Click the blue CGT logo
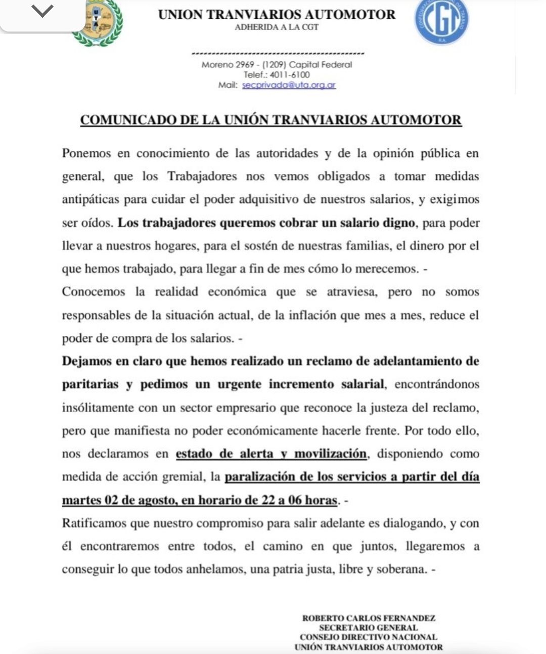coord(441,21)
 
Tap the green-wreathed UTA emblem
coord(98,23)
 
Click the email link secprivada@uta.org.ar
coord(289,85)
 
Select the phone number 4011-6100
coord(290,75)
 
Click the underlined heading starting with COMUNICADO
coord(271,120)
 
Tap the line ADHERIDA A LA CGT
coord(277,27)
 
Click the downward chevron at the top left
coord(42,11)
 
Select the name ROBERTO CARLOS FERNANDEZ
coord(369,618)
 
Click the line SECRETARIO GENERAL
coord(369,628)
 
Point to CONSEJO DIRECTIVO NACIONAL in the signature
coord(369,637)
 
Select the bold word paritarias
coord(90,384)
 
